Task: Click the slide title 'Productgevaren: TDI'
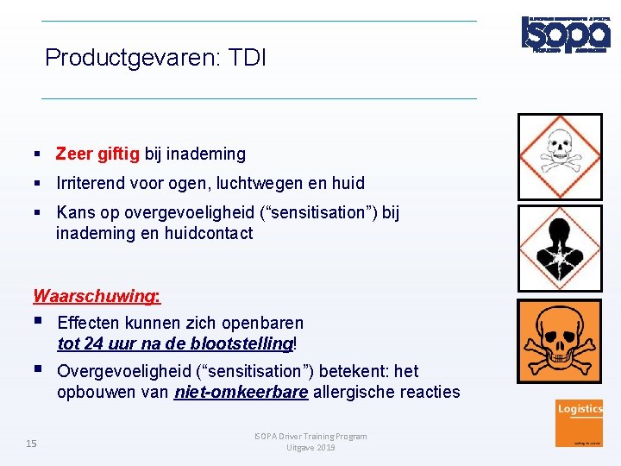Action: tap(155, 58)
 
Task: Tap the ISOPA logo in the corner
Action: tap(565, 34)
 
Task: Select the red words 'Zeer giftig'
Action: tap(97, 154)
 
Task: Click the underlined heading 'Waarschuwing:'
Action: tap(96, 296)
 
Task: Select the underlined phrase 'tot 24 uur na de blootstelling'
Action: tap(175, 343)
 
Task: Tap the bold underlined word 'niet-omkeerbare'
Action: tap(241, 393)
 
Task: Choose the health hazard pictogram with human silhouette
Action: tap(559, 249)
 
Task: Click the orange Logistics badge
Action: tap(580, 422)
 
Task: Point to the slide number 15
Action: tap(31, 444)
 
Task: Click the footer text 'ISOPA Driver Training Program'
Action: tap(311, 436)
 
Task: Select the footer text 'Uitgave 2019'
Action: tap(310, 447)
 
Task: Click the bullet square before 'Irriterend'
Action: tap(39, 184)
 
